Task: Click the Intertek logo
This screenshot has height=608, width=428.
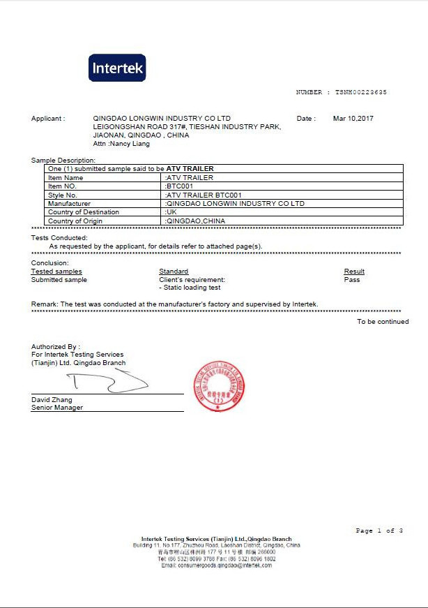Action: [118, 68]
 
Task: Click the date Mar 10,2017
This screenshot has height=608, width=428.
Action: [353, 119]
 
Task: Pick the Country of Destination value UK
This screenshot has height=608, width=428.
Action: [171, 212]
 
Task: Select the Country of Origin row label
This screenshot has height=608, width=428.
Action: [75, 221]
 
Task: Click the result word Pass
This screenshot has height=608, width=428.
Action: [352, 280]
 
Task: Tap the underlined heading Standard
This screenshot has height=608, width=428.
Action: [174, 272]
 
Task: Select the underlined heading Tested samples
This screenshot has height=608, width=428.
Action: [56, 272]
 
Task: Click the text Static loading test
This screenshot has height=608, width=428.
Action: [191, 288]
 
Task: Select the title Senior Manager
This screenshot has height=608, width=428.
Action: [57, 408]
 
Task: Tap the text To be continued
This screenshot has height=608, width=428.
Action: [383, 322]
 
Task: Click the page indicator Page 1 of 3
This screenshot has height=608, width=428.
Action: [379, 531]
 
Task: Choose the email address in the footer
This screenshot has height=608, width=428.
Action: [216, 565]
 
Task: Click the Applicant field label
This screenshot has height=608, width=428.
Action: [48, 119]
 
